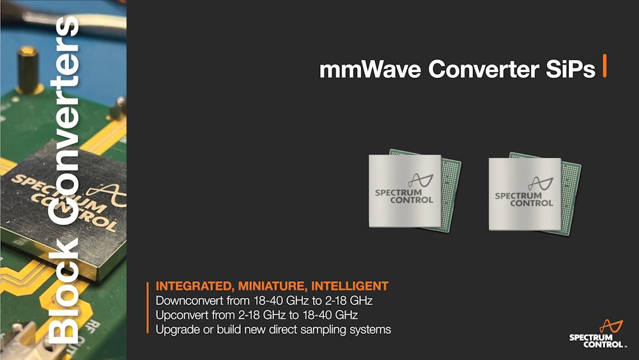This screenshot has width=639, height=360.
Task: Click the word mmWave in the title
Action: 370,69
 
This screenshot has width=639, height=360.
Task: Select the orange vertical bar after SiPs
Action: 604,65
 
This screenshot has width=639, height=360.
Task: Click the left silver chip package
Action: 404,191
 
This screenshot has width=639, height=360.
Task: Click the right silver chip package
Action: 525,194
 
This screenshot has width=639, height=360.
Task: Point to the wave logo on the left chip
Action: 420,180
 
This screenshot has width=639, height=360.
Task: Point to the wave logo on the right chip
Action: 541,183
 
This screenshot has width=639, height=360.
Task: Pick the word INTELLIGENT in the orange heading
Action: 350,286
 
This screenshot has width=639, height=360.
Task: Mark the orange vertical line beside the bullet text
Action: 148,308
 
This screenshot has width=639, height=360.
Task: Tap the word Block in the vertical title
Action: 64,292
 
